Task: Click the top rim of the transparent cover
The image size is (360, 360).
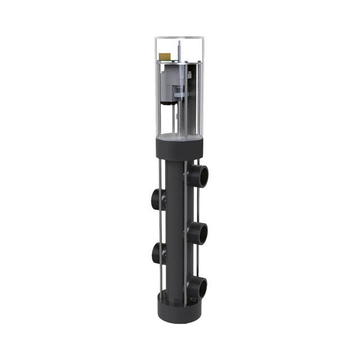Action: (x=179, y=39)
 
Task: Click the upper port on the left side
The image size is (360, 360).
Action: (x=157, y=199)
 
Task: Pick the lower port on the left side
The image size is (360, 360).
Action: (x=157, y=253)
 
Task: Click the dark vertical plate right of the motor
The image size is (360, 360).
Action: (x=193, y=90)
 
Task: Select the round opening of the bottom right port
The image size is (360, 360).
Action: (x=203, y=289)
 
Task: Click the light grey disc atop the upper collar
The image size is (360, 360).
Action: (x=179, y=137)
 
